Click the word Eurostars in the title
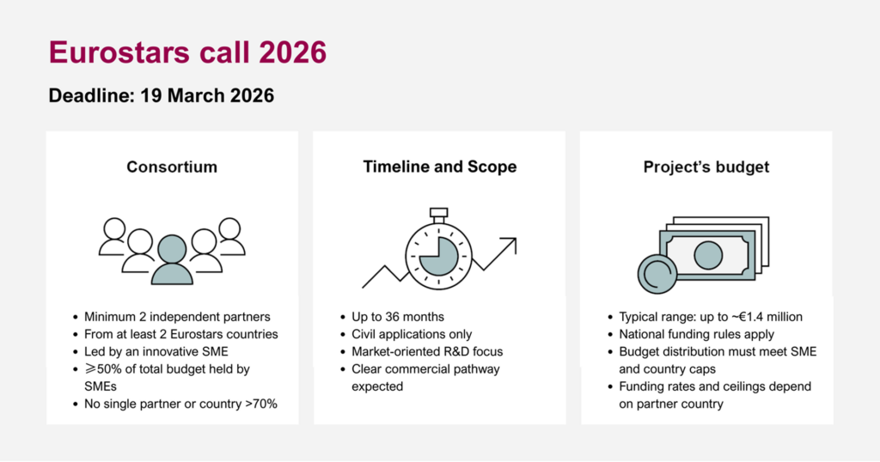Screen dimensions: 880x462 tap(119, 52)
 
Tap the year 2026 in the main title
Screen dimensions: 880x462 tap(292, 52)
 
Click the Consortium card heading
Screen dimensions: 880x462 tap(172, 167)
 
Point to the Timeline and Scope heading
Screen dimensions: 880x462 tap(439, 167)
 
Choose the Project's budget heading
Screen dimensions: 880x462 tap(706, 167)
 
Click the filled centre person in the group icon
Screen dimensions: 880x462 tap(172, 259)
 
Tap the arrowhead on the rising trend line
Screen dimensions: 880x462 tap(510, 244)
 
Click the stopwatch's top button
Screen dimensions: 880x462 tap(439, 212)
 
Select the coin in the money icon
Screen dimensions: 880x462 tap(657, 274)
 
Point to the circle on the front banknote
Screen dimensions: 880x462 tap(708, 255)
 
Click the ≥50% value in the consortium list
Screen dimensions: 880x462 tap(104, 369)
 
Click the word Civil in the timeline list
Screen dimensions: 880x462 tap(364, 334)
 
